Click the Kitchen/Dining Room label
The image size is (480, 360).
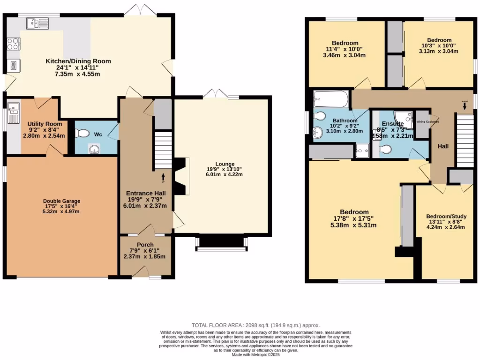tap(78, 61)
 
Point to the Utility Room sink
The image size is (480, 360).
tap(12, 111)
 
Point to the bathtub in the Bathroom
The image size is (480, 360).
tap(331, 99)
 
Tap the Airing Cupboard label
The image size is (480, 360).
tap(427, 121)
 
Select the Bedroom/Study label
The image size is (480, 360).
tap(445, 217)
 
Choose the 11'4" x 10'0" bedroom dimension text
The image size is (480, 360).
tap(345, 49)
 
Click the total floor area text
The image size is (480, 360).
tap(256, 325)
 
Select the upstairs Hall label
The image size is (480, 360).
tap(443, 146)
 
